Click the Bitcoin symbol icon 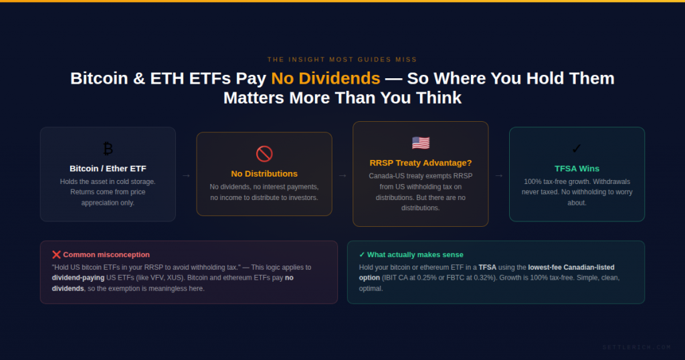[108, 149]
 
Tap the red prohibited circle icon [264, 153]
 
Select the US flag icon [421, 143]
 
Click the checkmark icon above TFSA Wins [577, 149]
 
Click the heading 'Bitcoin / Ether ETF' [108, 169]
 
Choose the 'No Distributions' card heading [264, 174]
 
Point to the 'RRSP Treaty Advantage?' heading [421, 163]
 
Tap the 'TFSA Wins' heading [577, 169]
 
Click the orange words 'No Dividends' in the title [325, 78]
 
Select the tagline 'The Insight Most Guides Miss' [342, 60]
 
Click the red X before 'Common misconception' [56, 255]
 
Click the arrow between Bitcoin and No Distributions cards [186, 175]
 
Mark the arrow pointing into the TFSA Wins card [499, 175]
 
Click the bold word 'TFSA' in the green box [488, 267]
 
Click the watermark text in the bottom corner [636, 347]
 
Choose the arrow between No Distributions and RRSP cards [342, 175]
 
